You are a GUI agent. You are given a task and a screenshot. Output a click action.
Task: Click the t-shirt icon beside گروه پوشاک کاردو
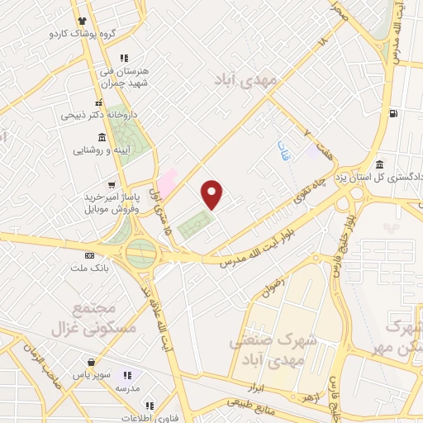[81, 21]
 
